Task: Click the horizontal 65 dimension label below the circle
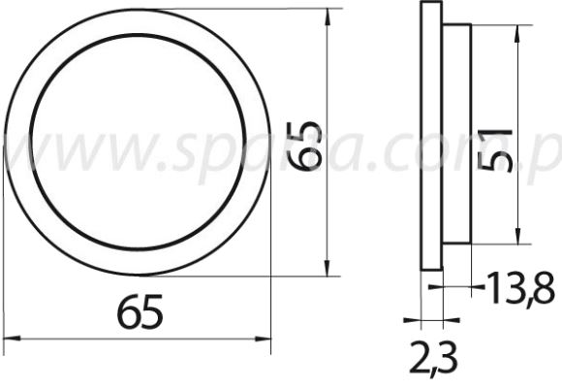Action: click(x=139, y=312)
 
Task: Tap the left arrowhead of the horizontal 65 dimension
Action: click(x=12, y=340)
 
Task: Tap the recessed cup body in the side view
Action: click(x=457, y=136)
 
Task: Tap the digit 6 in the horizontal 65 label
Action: click(x=127, y=312)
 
